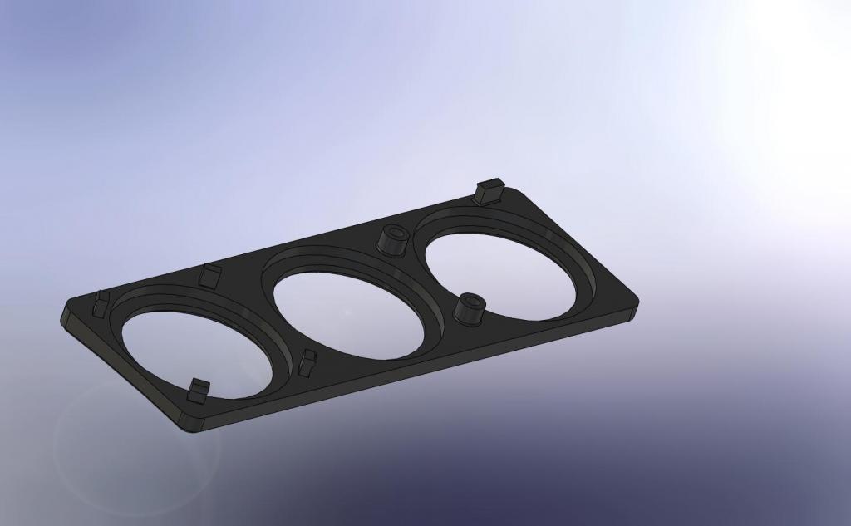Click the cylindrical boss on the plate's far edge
point(391,240)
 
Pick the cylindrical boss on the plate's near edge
point(470,308)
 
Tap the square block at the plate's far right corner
point(489,191)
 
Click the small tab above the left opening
point(210,275)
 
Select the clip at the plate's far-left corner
point(100,304)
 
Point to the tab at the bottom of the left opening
point(198,390)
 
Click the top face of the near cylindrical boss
point(471,300)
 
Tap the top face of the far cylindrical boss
point(392,232)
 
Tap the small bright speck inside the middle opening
point(348,312)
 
